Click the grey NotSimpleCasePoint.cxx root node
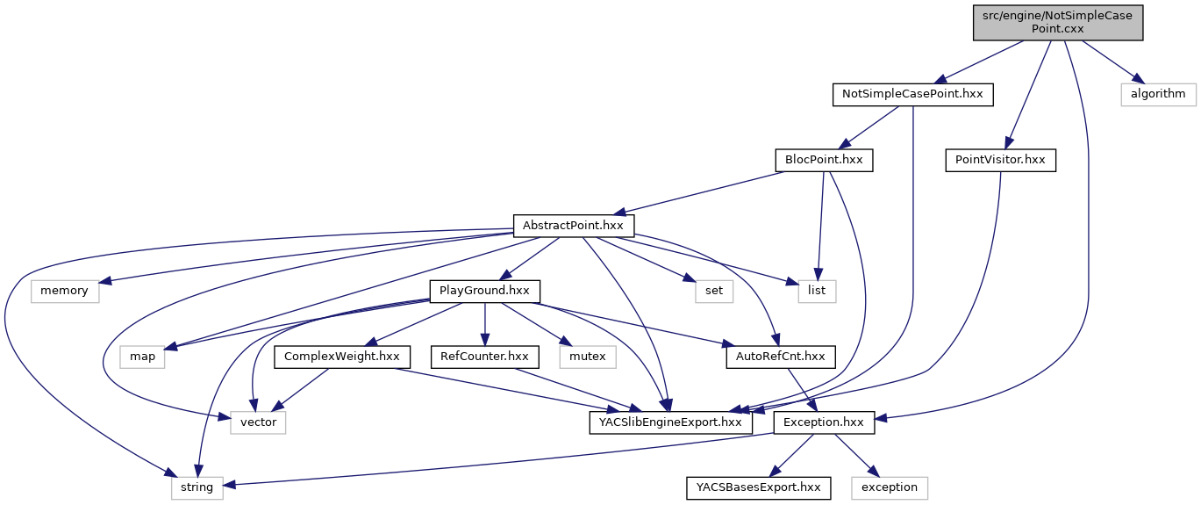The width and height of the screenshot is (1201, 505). click(x=1058, y=21)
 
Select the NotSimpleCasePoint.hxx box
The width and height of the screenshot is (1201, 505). click(x=912, y=94)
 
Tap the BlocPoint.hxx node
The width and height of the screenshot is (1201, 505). click(x=823, y=160)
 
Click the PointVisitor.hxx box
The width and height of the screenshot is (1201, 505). click(x=1000, y=160)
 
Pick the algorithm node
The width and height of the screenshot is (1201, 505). click(x=1157, y=94)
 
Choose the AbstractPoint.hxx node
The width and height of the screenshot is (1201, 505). click(x=573, y=226)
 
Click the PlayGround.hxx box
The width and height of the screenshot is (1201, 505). click(x=484, y=291)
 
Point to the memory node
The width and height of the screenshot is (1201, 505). click(x=64, y=291)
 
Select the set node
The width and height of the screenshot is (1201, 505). click(x=714, y=291)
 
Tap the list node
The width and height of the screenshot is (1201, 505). click(x=817, y=291)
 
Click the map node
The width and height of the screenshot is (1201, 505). click(x=142, y=357)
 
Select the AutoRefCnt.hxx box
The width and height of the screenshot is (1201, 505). click(x=780, y=357)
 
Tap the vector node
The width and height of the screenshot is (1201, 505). click(x=259, y=422)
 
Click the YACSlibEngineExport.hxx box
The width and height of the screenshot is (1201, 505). click(x=670, y=422)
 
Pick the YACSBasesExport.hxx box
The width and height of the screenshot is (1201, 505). click(x=758, y=487)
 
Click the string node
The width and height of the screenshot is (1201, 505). click(x=197, y=487)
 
